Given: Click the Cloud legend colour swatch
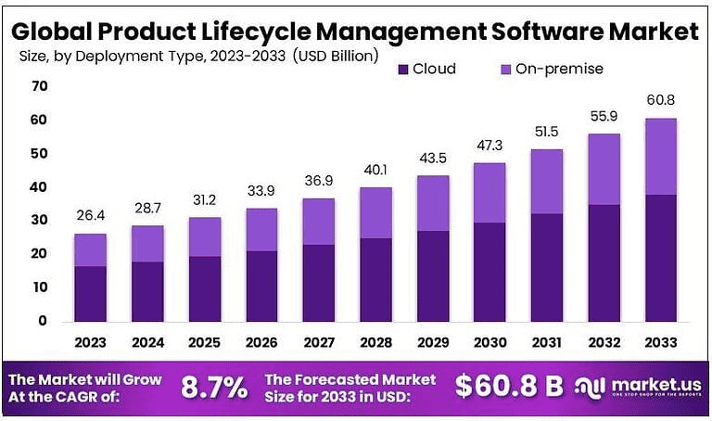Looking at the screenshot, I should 402,69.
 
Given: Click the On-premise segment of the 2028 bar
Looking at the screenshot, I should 376,212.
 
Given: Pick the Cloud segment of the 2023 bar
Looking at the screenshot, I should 91,293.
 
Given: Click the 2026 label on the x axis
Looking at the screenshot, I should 261,342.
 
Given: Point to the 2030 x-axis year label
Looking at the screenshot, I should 490,342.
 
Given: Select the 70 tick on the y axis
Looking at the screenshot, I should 39,86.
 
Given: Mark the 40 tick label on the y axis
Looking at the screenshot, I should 39,186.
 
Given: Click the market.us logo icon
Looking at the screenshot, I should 591,387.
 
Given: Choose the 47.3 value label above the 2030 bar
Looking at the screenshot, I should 490,147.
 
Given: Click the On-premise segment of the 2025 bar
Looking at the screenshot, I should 205,236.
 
